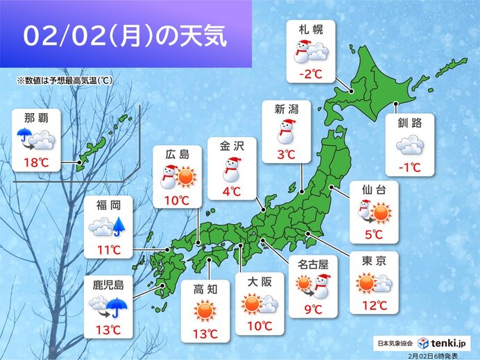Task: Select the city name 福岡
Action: (108, 205)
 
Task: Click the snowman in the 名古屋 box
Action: (323, 284)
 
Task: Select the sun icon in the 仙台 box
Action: (381, 211)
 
